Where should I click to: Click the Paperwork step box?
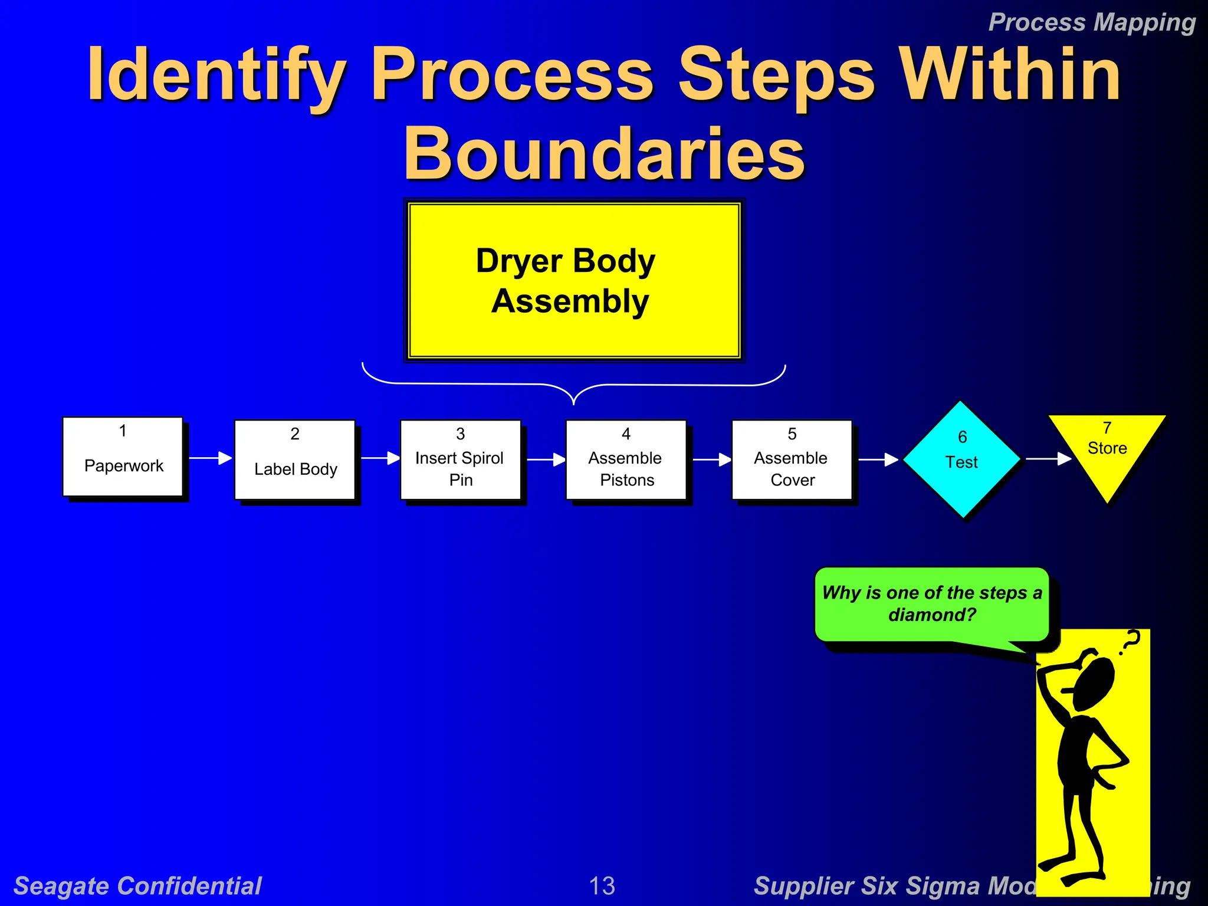pos(123,457)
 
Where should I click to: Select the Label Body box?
pos(294,459)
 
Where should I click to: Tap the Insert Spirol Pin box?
pos(460,459)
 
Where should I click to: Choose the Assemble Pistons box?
pos(626,459)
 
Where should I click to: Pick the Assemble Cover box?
pos(792,459)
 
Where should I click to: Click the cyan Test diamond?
pos(961,459)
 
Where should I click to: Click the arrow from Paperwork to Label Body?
pos(210,458)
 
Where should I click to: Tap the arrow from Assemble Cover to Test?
pos(878,459)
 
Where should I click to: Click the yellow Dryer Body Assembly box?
pos(573,281)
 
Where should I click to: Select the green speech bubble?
pos(931,604)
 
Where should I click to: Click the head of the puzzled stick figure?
pos(1094,684)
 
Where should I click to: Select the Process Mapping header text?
pos(1091,22)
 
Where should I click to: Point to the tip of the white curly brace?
pos(573,403)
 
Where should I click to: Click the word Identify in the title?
pos(216,75)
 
